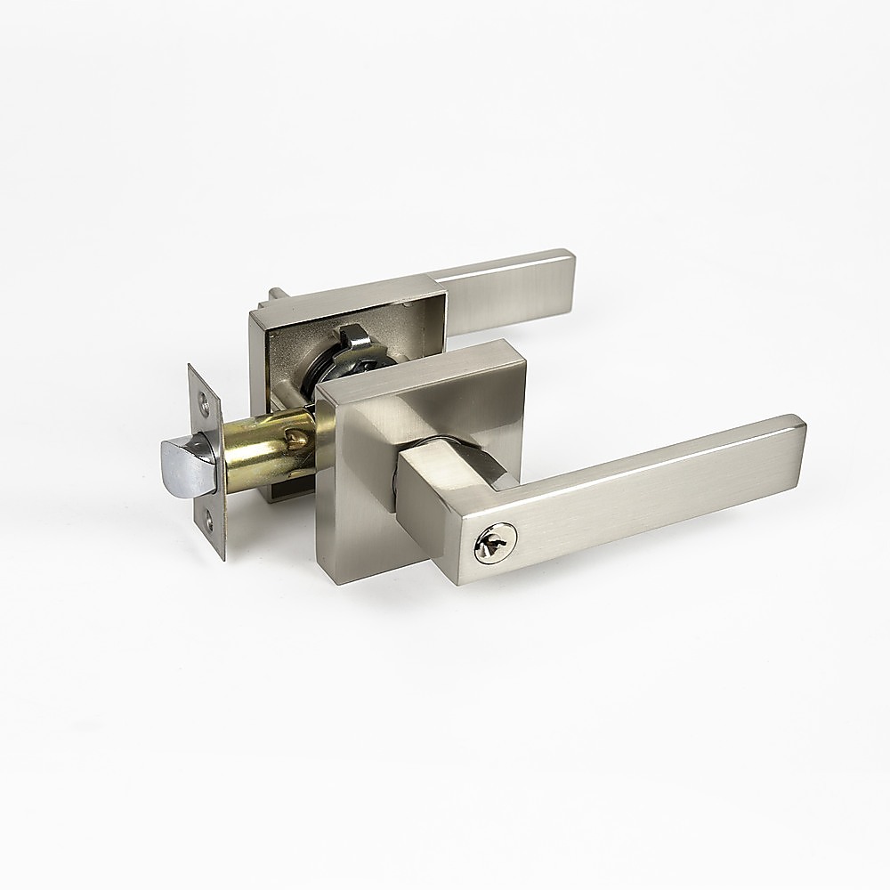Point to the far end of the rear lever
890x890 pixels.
tap(566, 276)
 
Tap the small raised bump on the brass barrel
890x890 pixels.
tap(297, 435)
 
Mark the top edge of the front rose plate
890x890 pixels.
tap(418, 360)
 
